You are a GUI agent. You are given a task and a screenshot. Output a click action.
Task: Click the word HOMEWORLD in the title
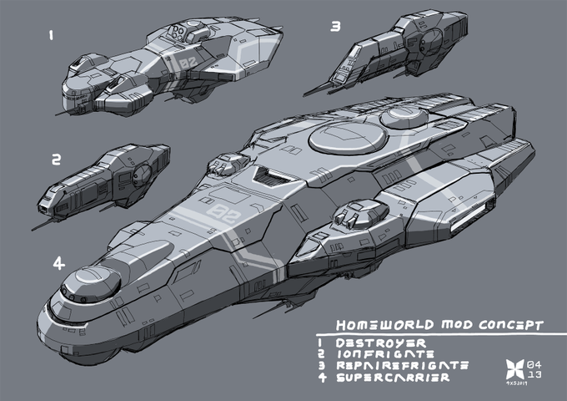coord(371,324)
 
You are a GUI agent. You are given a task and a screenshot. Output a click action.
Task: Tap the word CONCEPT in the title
coord(508,323)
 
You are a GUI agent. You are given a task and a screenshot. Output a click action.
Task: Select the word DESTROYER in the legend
coord(381,343)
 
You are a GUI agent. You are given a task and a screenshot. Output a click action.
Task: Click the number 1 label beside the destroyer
coord(52,36)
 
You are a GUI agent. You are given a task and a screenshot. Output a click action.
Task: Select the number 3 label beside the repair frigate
coord(335,26)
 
